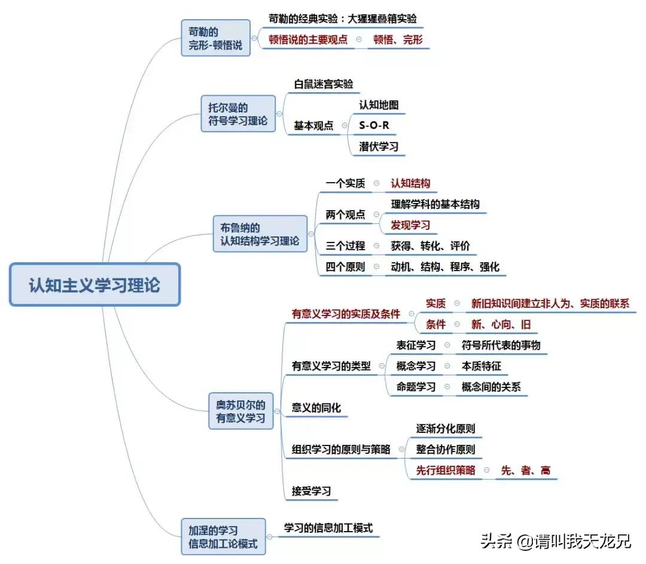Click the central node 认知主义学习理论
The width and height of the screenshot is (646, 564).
click(95, 285)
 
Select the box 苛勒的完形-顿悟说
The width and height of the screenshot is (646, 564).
click(215, 38)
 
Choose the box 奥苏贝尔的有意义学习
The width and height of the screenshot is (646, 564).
click(240, 411)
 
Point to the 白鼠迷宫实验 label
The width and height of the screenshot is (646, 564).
click(323, 84)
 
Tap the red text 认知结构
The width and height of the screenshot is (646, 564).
click(410, 183)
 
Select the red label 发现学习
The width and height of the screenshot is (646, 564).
click(410, 225)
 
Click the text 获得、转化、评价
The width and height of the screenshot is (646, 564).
click(431, 246)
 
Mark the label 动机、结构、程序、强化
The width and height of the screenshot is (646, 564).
click(445, 267)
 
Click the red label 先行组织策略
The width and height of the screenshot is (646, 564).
click(446, 470)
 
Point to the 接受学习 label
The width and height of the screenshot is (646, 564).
click(311, 492)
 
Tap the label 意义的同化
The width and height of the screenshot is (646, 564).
click(316, 408)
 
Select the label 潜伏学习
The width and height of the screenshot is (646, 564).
click(379, 146)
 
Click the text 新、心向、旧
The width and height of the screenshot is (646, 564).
click(501, 325)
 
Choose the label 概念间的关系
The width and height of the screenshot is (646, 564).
click(491, 387)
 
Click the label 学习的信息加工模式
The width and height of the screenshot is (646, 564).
click(328, 528)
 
